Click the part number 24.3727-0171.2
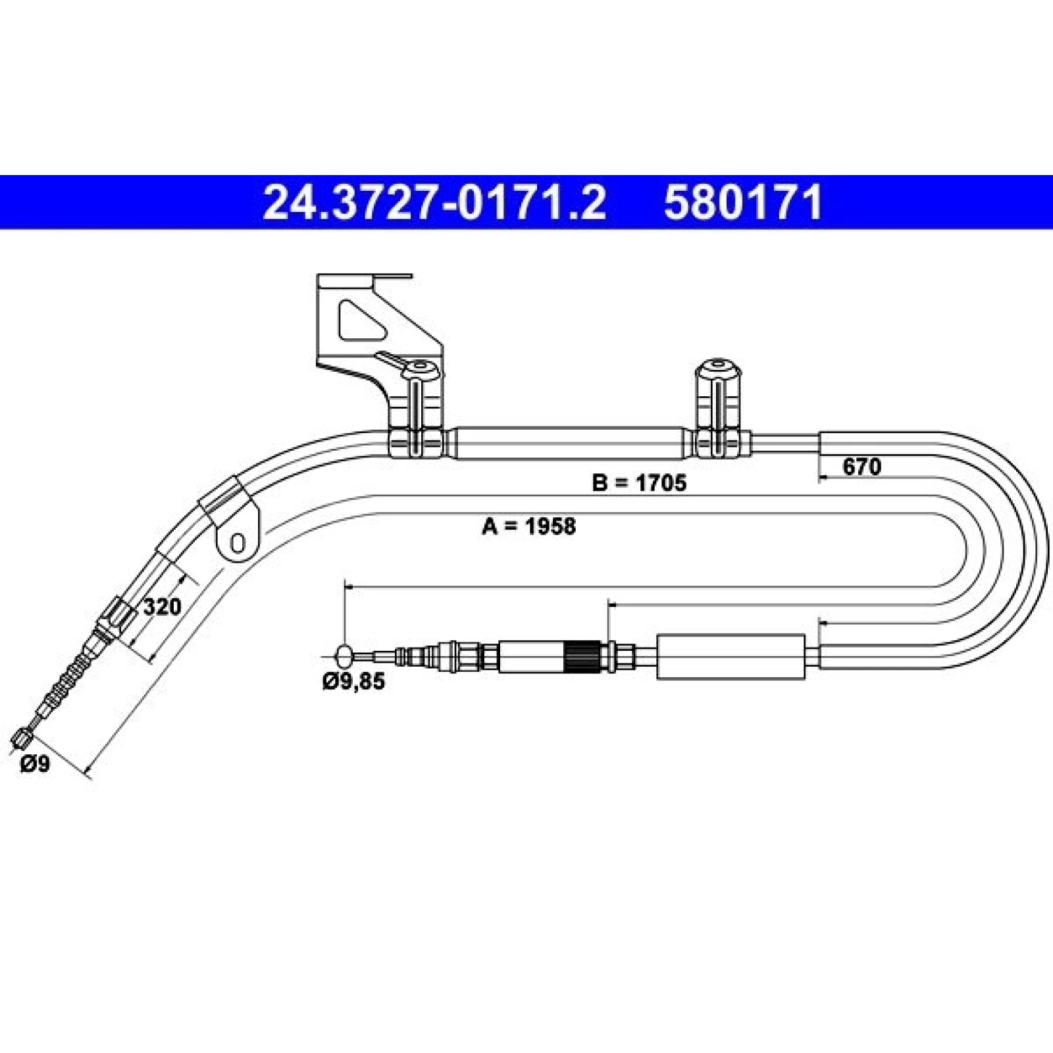(x=434, y=202)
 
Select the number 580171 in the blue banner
(x=743, y=202)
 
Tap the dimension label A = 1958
(x=528, y=526)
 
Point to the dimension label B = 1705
(x=640, y=483)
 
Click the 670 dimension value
(x=861, y=467)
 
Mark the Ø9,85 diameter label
(x=354, y=682)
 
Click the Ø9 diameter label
(x=35, y=764)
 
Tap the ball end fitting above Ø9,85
(x=344, y=655)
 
